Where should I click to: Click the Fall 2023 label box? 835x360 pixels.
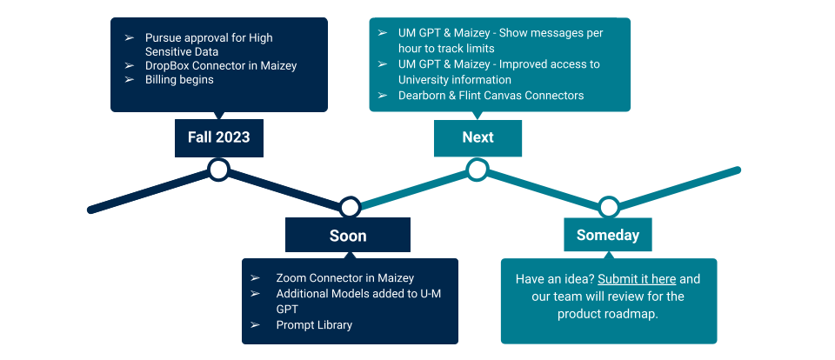point(219,138)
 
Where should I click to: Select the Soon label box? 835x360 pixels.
point(348,235)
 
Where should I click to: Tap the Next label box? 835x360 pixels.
point(478,138)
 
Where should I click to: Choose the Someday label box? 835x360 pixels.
point(608,235)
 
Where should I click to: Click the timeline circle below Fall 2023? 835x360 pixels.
point(218,170)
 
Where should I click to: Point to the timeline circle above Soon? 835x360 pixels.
point(350,207)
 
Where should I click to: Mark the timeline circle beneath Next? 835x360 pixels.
point(478,170)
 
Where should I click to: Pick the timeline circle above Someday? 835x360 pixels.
point(608,207)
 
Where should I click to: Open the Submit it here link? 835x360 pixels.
point(637,279)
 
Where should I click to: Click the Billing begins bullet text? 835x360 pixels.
point(179,80)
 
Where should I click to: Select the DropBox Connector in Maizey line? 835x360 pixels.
point(221,66)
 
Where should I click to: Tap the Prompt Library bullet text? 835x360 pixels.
point(314,325)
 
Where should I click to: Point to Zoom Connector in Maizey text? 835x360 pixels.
point(345,278)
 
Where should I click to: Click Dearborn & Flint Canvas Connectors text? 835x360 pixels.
point(491,96)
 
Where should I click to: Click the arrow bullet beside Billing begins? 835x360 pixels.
point(130,80)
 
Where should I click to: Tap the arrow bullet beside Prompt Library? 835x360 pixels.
point(255,325)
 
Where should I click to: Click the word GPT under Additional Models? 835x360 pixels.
point(287,310)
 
